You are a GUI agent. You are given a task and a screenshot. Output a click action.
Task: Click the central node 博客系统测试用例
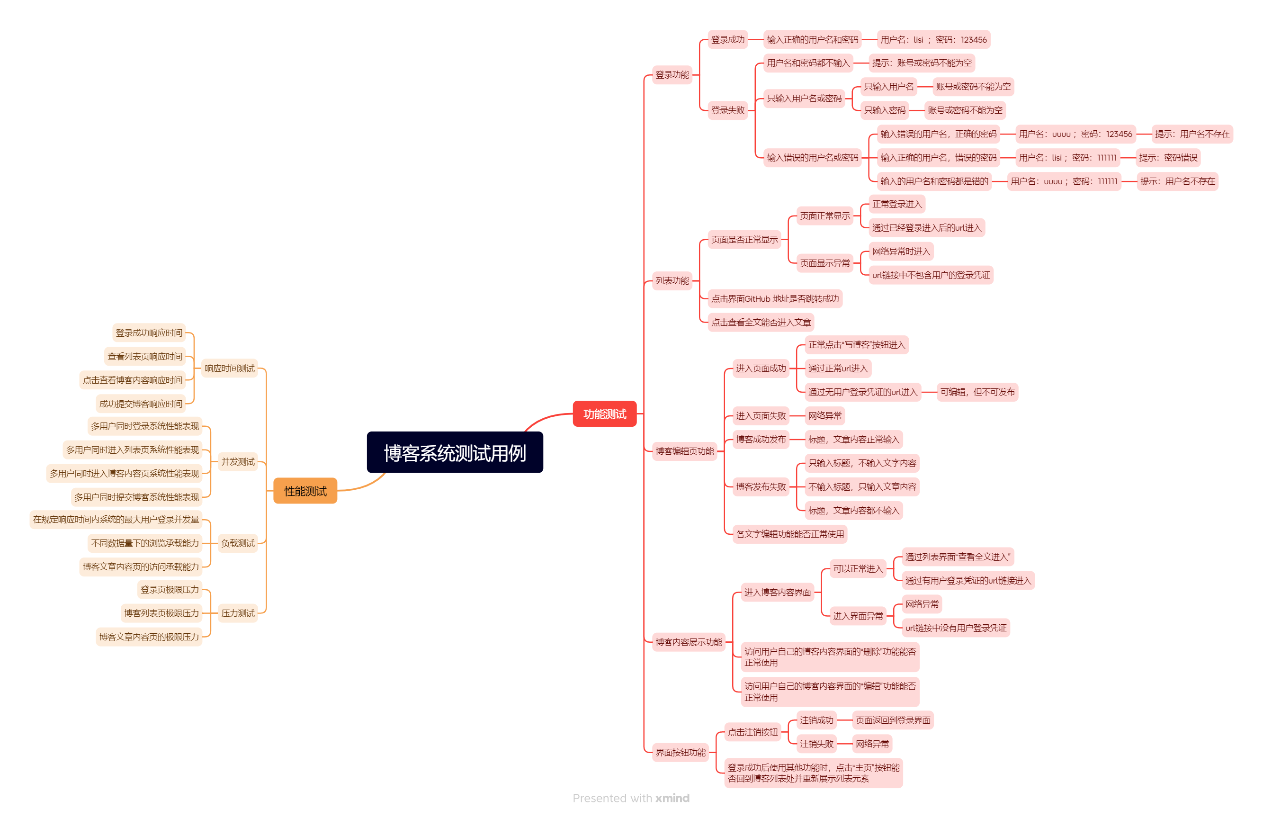coord(455,452)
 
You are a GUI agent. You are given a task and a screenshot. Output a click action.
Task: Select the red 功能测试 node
coord(604,413)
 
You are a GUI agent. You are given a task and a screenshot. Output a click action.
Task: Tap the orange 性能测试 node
coord(305,491)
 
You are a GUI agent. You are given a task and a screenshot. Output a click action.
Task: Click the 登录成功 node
coord(727,39)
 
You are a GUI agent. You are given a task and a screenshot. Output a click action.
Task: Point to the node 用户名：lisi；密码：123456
coord(933,39)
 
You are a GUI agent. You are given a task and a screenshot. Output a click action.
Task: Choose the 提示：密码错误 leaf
coord(1167,157)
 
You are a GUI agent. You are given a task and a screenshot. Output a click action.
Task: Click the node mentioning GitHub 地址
coord(774,298)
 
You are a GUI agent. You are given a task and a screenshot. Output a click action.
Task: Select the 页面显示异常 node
coord(824,263)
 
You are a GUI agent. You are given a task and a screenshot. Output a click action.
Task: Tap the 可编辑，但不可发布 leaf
coord(977,392)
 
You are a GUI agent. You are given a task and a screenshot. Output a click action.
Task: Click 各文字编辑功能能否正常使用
coord(789,533)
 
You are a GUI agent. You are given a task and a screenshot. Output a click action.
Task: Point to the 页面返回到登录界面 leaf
coord(893,720)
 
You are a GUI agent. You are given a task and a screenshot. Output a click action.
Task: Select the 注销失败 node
coord(816,743)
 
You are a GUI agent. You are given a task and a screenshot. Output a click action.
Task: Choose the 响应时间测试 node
coord(229,368)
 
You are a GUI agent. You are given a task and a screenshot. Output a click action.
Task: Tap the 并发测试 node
coord(238,461)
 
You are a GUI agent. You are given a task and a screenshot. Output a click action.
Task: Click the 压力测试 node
coord(238,612)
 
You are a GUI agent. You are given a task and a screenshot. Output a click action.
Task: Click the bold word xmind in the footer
coord(672,797)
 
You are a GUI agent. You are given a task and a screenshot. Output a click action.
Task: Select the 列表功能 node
coord(672,280)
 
